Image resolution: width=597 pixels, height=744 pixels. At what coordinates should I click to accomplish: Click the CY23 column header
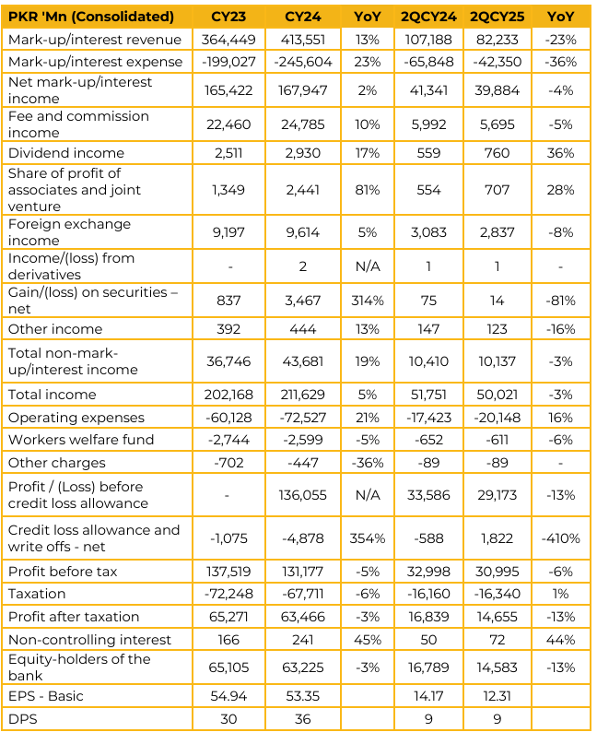pyautogui.click(x=228, y=18)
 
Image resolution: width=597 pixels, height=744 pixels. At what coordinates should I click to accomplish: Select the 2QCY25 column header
pyautogui.click(x=497, y=18)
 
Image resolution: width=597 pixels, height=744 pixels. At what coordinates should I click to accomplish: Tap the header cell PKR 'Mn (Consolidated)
pyautogui.click(x=91, y=18)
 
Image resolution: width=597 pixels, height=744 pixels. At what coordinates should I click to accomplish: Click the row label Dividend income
pyautogui.click(x=66, y=153)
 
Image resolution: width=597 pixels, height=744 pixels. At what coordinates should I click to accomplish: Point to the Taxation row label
pyautogui.click(x=37, y=594)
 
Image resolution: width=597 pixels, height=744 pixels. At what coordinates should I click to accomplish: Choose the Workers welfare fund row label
pyautogui.click(x=81, y=440)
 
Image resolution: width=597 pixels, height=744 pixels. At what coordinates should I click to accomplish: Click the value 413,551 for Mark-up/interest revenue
pyautogui.click(x=302, y=40)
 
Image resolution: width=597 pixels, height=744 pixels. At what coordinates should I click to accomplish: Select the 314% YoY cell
pyautogui.click(x=367, y=301)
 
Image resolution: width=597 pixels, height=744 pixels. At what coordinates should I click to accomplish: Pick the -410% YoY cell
pyautogui.click(x=560, y=538)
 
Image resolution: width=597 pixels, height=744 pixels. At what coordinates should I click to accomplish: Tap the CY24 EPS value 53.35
pyautogui.click(x=302, y=696)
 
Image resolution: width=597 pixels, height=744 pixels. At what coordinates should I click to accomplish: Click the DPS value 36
pyautogui.click(x=302, y=719)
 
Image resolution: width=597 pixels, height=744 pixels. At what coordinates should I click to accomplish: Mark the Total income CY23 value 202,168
pyautogui.click(x=228, y=395)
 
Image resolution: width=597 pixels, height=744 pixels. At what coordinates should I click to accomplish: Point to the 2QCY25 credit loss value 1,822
pyautogui.click(x=497, y=538)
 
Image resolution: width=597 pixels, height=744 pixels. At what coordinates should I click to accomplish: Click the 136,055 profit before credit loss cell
pyautogui.click(x=302, y=495)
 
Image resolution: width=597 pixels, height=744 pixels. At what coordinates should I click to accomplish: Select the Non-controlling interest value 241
pyautogui.click(x=302, y=640)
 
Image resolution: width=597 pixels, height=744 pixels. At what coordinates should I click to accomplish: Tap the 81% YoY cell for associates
pyautogui.click(x=367, y=190)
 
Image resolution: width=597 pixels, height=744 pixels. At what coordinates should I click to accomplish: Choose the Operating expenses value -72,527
pyautogui.click(x=302, y=418)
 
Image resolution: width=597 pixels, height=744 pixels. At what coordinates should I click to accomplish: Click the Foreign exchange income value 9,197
pyautogui.click(x=228, y=232)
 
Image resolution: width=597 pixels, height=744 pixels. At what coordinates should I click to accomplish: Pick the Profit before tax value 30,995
pyautogui.click(x=497, y=572)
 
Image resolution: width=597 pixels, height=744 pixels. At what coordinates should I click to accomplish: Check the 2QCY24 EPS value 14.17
pyautogui.click(x=428, y=696)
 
